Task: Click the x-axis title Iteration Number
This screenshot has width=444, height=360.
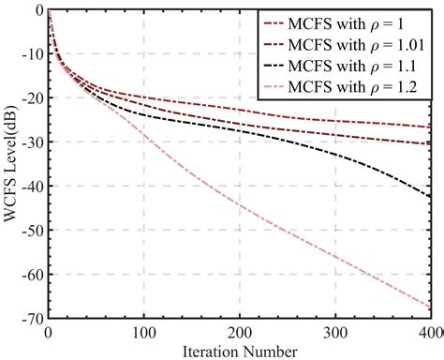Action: click(x=239, y=351)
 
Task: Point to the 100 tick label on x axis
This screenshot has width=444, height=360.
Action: click(x=143, y=333)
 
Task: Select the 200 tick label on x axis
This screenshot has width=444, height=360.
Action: click(x=239, y=333)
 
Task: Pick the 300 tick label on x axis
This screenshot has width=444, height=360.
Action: click(x=334, y=333)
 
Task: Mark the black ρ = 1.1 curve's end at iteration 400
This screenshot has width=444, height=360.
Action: click(x=429, y=196)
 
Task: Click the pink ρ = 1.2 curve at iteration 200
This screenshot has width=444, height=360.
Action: click(x=239, y=205)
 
